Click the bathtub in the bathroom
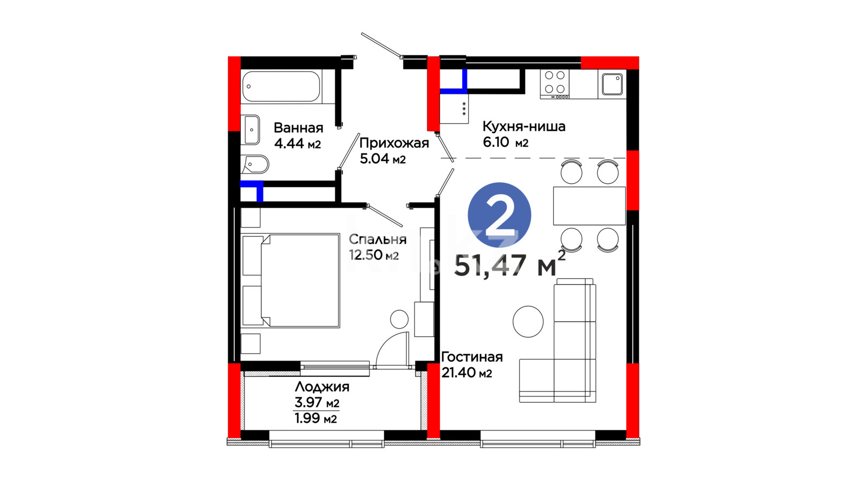[x=281, y=86]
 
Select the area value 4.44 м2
[x=297, y=144]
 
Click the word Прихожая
[x=394, y=143]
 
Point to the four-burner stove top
[x=555, y=84]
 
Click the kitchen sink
[x=612, y=84]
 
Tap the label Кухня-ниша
[x=523, y=127]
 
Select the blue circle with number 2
[x=499, y=215]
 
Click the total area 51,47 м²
[x=510, y=264]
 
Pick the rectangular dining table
[x=589, y=206]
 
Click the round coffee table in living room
[x=528, y=322]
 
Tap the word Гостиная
[x=472, y=357]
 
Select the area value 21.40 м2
[x=467, y=373]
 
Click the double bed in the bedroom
[x=290, y=281]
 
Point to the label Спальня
[x=377, y=239]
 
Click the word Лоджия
[x=322, y=387]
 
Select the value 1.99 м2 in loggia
[x=316, y=419]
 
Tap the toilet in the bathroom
[x=255, y=165]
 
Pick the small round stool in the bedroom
[x=399, y=319]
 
